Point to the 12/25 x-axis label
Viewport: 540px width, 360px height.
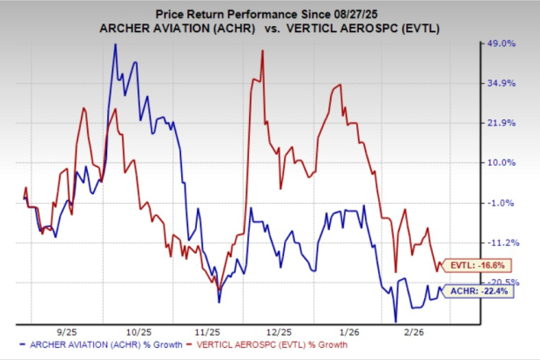coord(279,332)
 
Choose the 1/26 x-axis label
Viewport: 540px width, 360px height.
coord(348,332)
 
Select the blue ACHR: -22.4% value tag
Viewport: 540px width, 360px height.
coord(483,292)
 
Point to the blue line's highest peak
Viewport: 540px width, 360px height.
coord(116,44)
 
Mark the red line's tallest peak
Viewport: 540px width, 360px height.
coord(262,51)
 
